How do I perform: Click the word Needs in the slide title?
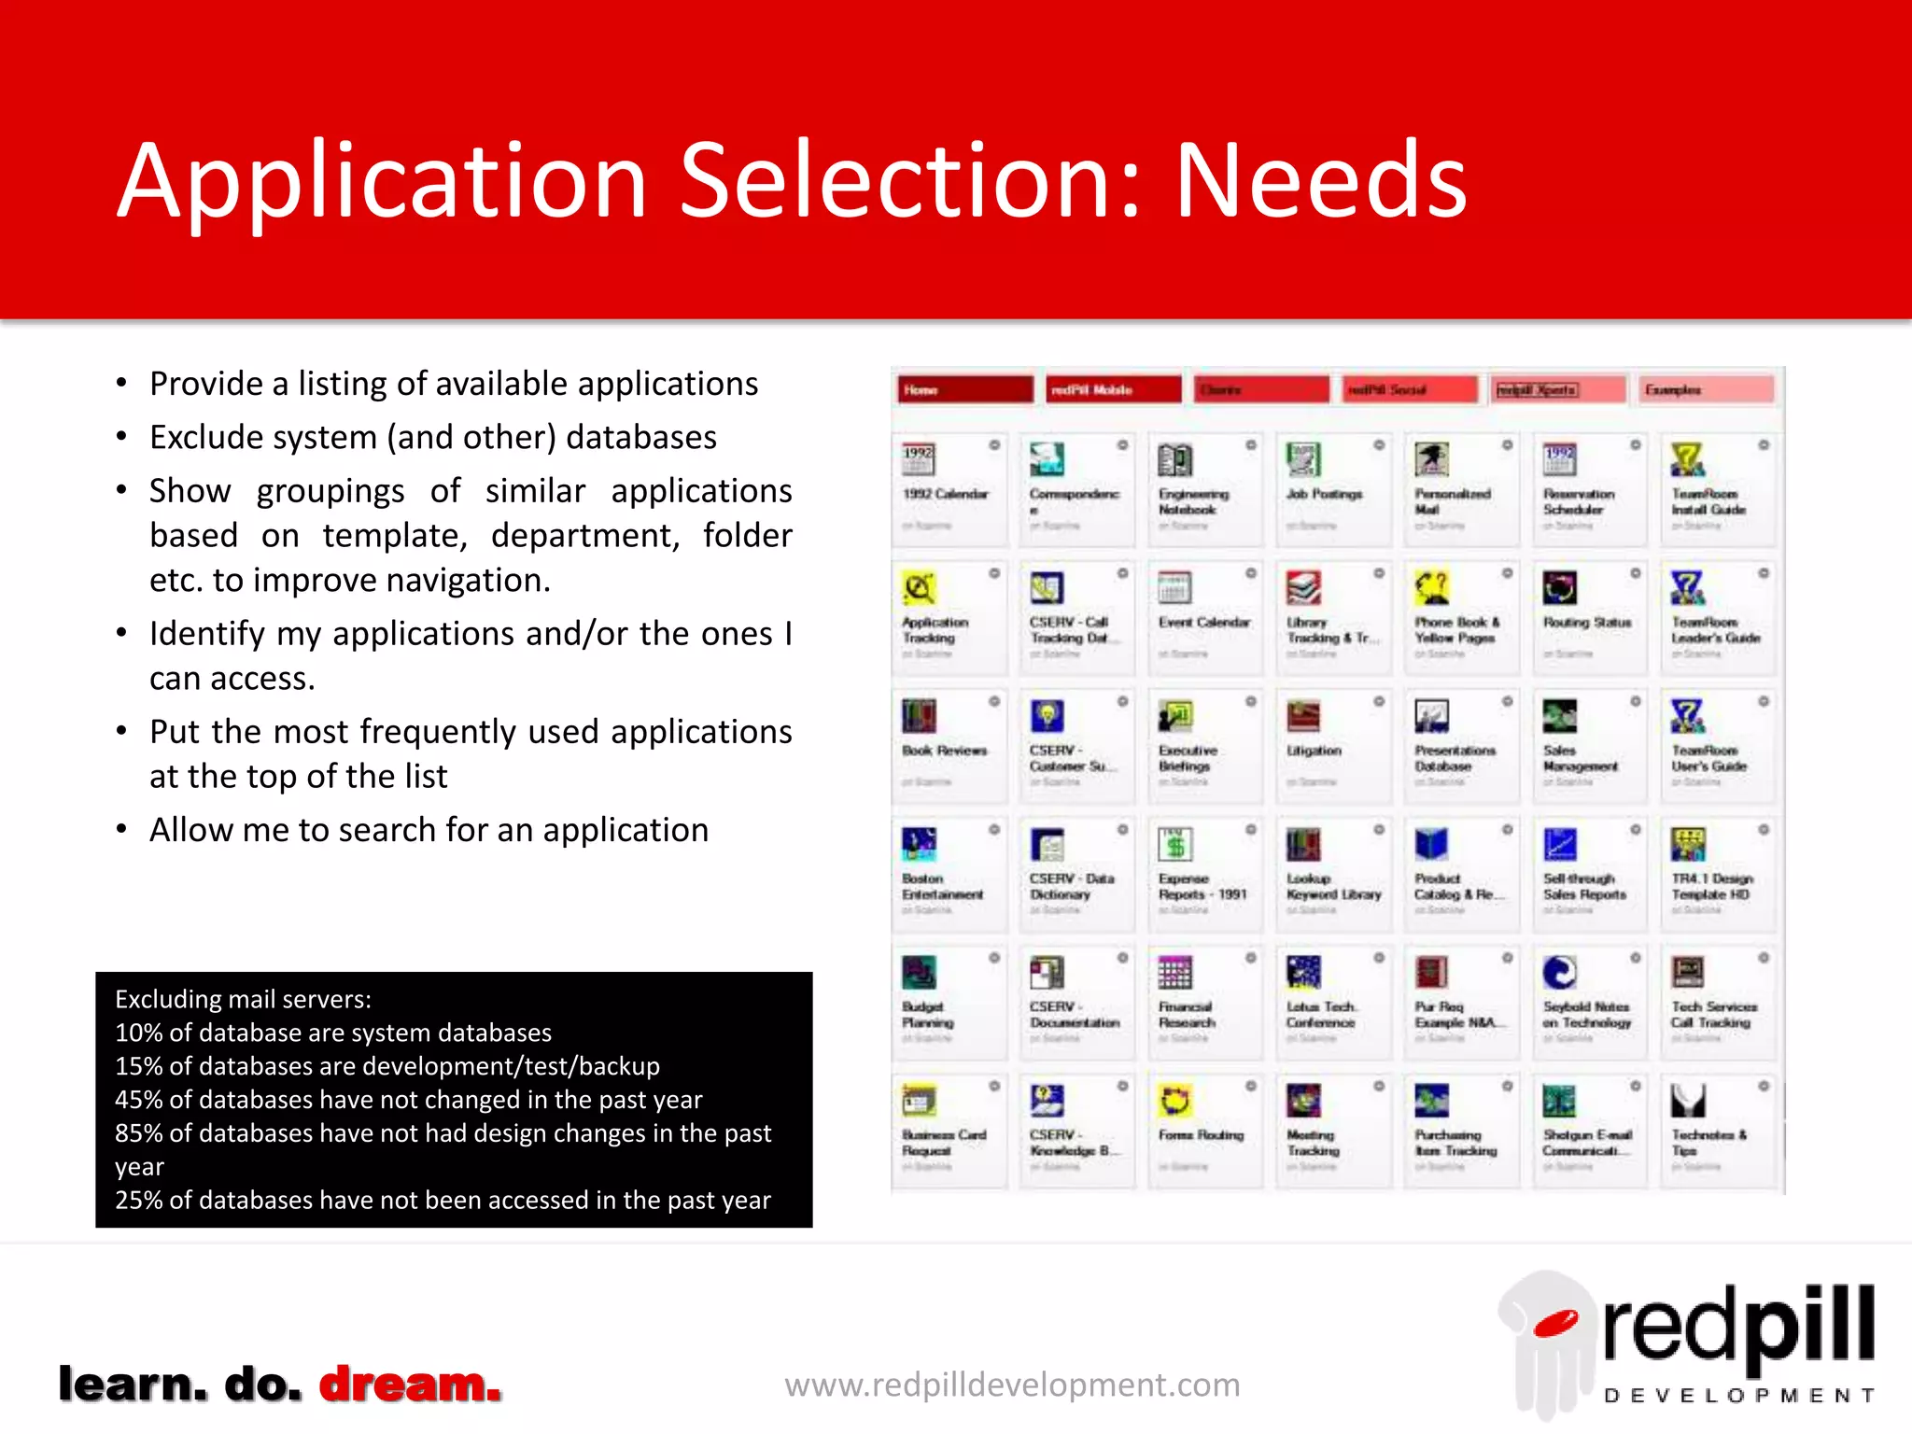tap(1320, 181)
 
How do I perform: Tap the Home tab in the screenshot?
tap(964, 389)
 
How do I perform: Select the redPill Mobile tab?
tap(1114, 389)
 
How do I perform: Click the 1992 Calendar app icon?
tap(919, 459)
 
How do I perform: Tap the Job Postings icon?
tap(1303, 459)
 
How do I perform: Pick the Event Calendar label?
tap(1204, 622)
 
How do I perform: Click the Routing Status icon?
tap(1560, 588)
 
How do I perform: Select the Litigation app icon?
tap(1303, 716)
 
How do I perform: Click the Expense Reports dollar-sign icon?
tap(1175, 844)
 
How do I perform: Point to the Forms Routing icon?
tap(1175, 1101)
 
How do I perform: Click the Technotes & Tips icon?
tap(1688, 1101)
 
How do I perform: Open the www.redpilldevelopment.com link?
tap(1012, 1385)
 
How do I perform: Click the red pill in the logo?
tap(1555, 1323)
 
